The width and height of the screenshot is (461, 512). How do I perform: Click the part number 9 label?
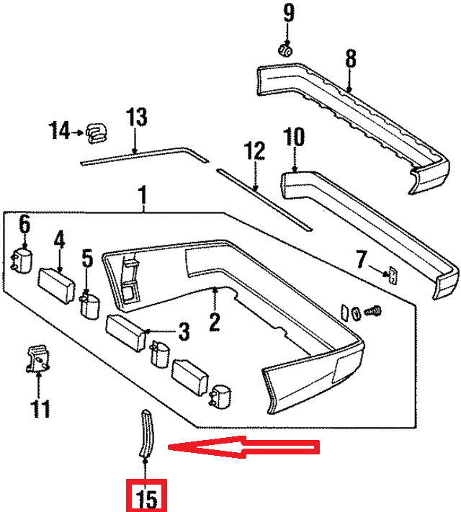pyautogui.click(x=289, y=13)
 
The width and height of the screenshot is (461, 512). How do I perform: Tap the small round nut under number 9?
pyautogui.click(x=285, y=50)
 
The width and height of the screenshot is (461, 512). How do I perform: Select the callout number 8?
pyautogui.click(x=350, y=59)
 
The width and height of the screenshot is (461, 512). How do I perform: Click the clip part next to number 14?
pyautogui.click(x=97, y=133)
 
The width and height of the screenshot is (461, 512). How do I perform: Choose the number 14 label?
pyautogui.click(x=59, y=130)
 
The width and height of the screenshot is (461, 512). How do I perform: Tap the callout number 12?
pyautogui.click(x=254, y=151)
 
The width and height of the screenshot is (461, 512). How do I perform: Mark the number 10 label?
pyautogui.click(x=294, y=137)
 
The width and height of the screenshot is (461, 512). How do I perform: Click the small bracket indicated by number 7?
pyautogui.click(x=393, y=275)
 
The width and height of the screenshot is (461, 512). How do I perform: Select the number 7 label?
pyautogui.click(x=361, y=259)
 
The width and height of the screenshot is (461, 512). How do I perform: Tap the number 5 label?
pyautogui.click(x=87, y=259)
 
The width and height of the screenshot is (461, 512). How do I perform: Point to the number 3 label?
pyautogui.click(x=184, y=331)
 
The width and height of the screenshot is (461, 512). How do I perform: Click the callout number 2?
pyautogui.click(x=215, y=322)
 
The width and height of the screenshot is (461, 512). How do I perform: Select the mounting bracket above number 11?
pyautogui.click(x=38, y=359)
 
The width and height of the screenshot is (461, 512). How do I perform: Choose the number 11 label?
pyautogui.click(x=40, y=408)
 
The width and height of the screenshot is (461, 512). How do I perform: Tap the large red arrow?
pyautogui.click(x=243, y=447)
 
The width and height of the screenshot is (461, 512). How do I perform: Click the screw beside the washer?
pyautogui.click(x=373, y=310)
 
